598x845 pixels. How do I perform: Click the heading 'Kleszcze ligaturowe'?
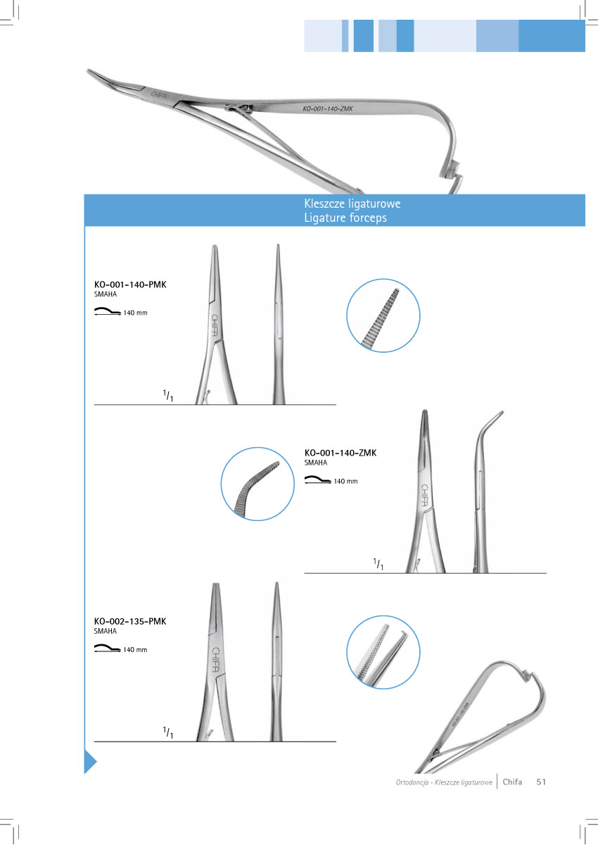click(352, 204)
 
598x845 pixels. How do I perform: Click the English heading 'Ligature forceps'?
click(345, 218)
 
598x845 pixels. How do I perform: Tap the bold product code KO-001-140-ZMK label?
click(341, 453)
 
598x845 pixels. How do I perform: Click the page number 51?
click(541, 782)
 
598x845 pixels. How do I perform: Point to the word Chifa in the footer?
click(512, 782)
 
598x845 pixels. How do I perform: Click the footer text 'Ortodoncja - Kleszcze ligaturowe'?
click(443, 782)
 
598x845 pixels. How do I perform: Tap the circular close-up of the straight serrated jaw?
click(383, 316)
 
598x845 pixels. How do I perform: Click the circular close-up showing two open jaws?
click(383, 653)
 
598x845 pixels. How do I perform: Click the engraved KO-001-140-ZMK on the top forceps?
click(327, 109)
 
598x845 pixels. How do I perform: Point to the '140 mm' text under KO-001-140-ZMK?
click(345, 482)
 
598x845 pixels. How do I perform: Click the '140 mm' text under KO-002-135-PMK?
click(135, 649)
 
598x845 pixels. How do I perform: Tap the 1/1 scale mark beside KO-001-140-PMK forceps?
click(168, 396)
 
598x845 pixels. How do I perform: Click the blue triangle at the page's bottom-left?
click(89, 762)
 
